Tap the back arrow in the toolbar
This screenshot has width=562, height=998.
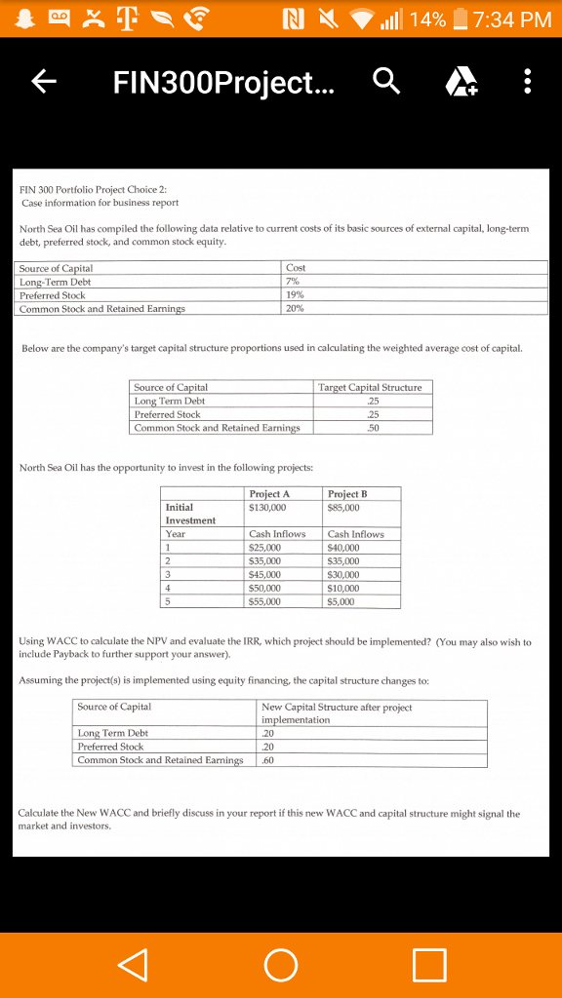42,84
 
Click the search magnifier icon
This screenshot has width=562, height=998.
386,84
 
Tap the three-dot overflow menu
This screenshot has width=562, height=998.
527,84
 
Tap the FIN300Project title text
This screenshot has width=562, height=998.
222,84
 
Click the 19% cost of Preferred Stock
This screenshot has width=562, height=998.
297,295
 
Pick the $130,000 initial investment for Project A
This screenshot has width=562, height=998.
268,507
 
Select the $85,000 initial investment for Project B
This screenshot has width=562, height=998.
343,507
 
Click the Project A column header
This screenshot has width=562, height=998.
269,494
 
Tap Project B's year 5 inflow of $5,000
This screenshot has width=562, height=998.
341,602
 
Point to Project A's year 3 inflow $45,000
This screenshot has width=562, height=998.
265,575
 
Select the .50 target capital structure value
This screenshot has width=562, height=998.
371,428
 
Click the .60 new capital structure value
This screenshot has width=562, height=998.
269,760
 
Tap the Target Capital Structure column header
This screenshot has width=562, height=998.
370,388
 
